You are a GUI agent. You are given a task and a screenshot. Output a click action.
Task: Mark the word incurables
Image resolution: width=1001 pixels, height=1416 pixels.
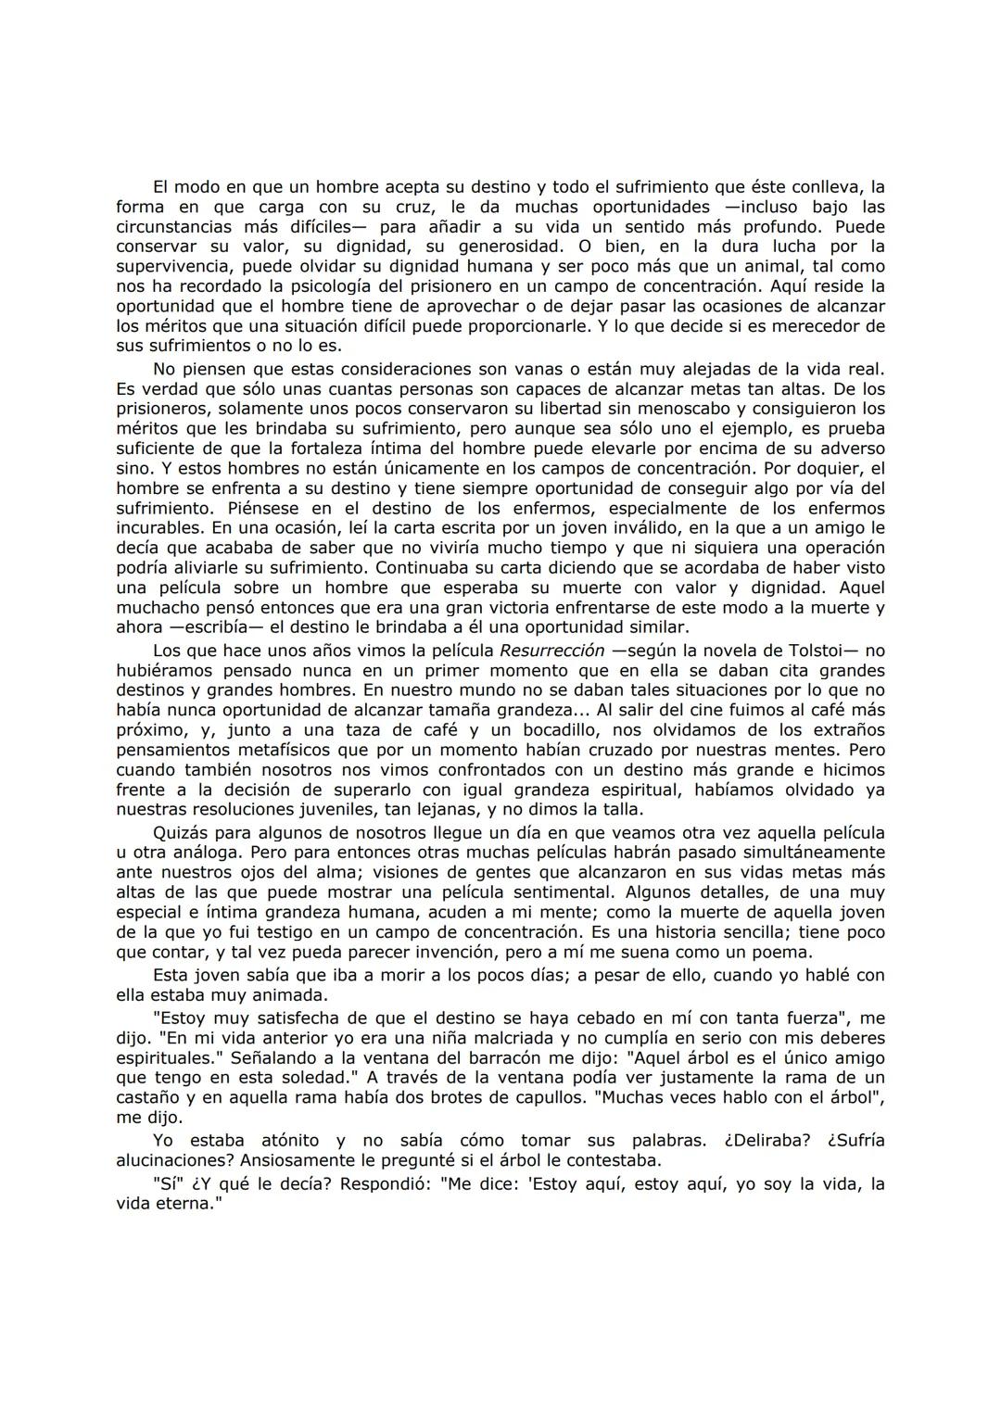coord(158,527)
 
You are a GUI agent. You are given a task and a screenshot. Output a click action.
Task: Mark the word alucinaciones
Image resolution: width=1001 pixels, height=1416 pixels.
coord(174,1159)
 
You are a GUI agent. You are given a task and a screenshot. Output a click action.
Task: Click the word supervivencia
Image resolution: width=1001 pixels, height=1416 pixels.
coord(173,267)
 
